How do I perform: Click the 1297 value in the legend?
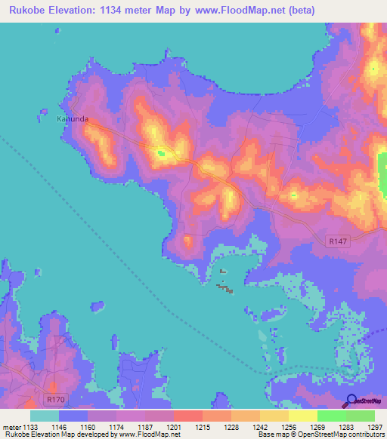point(373,428)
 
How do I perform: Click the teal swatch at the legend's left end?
point(45,416)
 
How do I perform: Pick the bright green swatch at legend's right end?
point(360,416)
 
